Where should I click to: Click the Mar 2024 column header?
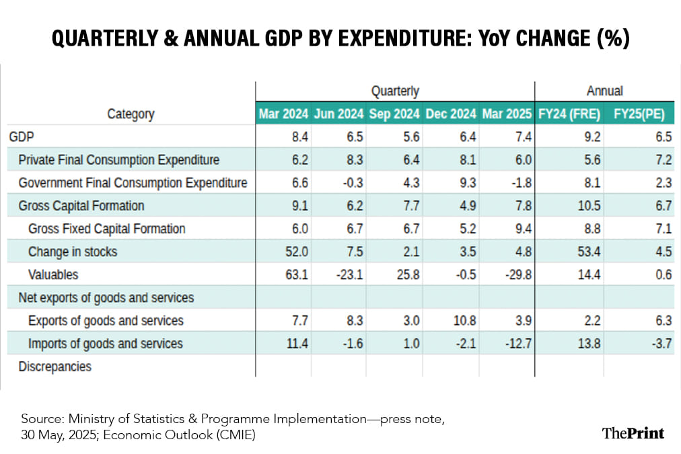click(x=283, y=114)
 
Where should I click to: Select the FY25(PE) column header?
click(x=639, y=114)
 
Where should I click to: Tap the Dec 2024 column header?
click(x=450, y=114)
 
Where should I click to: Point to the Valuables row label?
click(x=53, y=274)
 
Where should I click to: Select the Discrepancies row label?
click(x=55, y=367)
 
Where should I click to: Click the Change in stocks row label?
click(x=73, y=252)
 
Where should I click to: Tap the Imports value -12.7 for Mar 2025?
click(x=518, y=344)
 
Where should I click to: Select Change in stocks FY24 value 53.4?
click(x=581, y=252)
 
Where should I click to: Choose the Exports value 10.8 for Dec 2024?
click(x=464, y=321)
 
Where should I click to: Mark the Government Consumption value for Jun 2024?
click(x=352, y=183)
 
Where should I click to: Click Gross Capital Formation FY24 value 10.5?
click(x=581, y=206)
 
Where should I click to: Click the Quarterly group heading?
click(x=395, y=91)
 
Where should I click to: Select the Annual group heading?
click(x=604, y=91)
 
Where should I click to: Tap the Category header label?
click(x=131, y=114)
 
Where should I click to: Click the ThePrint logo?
click(x=633, y=432)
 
